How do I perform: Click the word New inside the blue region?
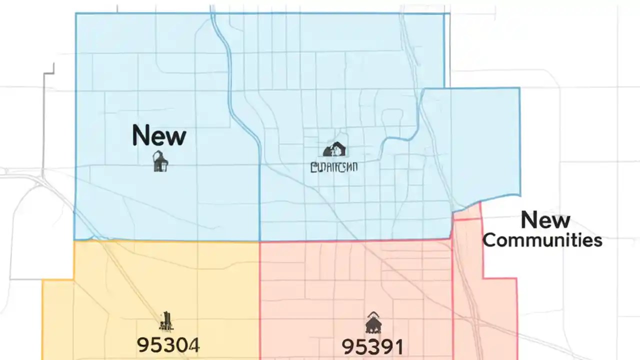coord(159,136)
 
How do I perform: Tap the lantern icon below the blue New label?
coord(160,161)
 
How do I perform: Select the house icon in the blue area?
coord(335,149)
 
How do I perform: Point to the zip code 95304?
coord(168,345)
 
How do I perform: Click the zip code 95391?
coord(372,346)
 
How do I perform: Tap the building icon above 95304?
coord(166,321)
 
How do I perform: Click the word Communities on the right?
coord(542,240)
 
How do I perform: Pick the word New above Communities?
coord(545,220)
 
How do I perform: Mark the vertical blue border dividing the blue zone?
coord(260,200)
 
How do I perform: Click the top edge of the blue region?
coord(260,13)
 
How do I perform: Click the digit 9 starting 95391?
coord(347,346)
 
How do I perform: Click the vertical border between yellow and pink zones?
coord(260,300)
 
